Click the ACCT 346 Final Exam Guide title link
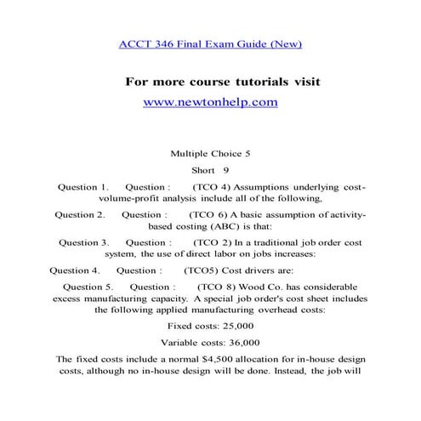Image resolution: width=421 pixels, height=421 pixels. pyautogui.click(x=210, y=43)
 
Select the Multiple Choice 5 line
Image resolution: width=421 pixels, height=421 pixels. pyautogui.click(x=210, y=154)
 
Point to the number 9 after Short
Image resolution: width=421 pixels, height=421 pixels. pyautogui.click(x=227, y=170)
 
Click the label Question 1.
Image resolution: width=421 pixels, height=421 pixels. pyautogui.click(x=82, y=186)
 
